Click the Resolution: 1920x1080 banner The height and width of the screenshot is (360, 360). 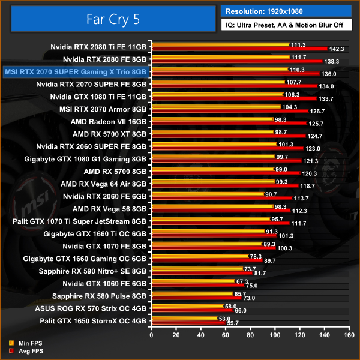(x=286, y=11)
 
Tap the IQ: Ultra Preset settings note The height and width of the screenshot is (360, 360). (x=286, y=26)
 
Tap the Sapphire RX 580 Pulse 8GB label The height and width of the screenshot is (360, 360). (x=100, y=296)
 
